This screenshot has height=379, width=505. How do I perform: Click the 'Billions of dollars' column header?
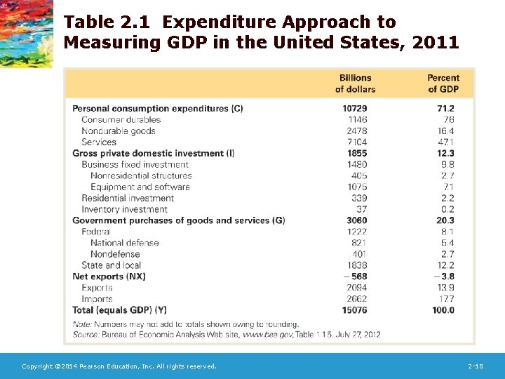356,84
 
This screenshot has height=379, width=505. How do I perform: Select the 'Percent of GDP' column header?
443,84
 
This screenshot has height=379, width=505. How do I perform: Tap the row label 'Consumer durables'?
121,120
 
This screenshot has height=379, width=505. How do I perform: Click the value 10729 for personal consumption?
355,109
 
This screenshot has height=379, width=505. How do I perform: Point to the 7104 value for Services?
356,142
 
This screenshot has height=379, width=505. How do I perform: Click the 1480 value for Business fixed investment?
356,165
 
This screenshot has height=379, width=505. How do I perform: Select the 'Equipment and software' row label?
140,187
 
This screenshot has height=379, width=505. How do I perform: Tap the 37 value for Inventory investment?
361,210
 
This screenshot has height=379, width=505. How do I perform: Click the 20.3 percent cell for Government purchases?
445,221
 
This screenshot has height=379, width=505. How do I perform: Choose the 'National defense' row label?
124,244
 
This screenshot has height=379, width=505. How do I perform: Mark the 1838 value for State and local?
356,265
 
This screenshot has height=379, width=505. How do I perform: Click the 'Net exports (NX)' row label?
109,277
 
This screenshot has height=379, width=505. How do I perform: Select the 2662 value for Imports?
356,299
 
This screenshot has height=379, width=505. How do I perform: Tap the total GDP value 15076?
355,310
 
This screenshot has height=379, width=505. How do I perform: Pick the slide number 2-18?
476,366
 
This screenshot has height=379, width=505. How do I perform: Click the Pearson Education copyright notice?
119,366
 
